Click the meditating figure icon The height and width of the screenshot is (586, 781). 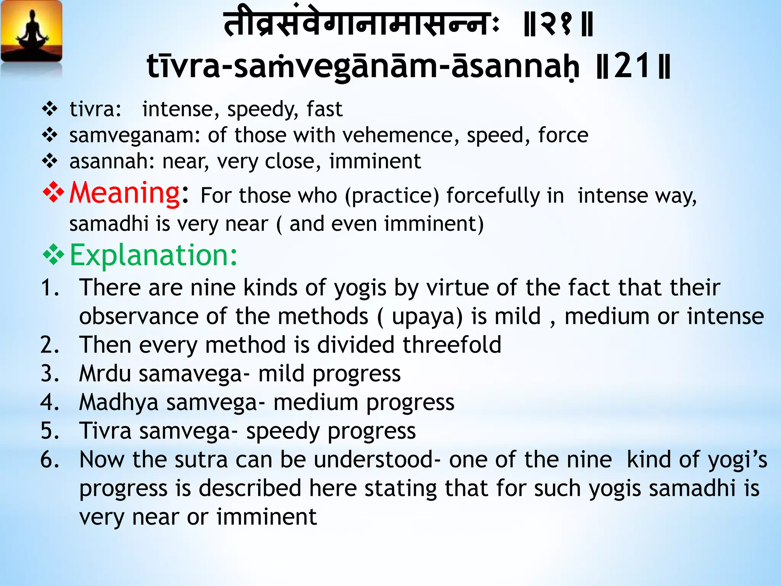[32, 32]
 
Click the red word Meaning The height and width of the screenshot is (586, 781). [124, 193]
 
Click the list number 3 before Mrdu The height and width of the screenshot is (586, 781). [50, 373]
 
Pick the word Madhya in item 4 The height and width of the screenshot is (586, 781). [119, 402]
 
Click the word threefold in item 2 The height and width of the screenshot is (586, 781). [452, 345]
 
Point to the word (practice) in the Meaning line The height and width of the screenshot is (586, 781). [392, 196]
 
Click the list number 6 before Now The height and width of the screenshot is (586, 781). [50, 459]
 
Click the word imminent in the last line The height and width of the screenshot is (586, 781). [267, 517]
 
